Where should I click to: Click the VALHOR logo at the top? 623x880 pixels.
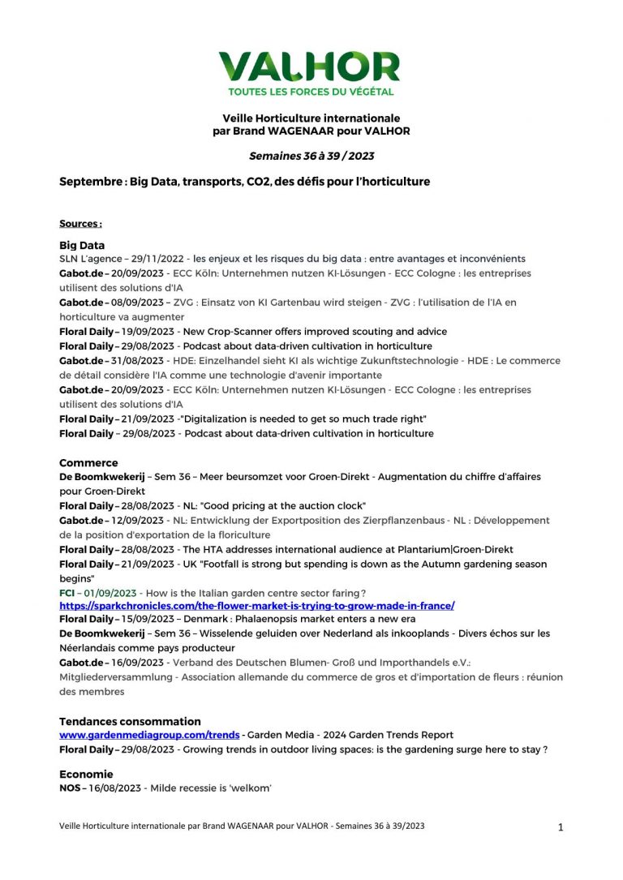point(310,67)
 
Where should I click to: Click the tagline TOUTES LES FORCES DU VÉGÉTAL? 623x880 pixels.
point(311,92)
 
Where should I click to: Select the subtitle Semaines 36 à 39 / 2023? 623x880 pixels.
point(311,156)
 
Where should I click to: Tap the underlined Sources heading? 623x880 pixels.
point(80,223)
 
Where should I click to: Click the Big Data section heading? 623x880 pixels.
point(82,244)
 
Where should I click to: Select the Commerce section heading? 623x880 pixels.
point(88,462)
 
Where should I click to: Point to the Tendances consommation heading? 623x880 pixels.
point(130,721)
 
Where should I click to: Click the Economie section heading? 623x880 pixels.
point(86,774)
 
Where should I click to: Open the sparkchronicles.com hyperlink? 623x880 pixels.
point(256,606)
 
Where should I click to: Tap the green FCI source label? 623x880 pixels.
point(67,593)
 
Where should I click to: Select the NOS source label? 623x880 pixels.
point(71,788)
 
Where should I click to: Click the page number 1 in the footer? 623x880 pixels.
point(561,827)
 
